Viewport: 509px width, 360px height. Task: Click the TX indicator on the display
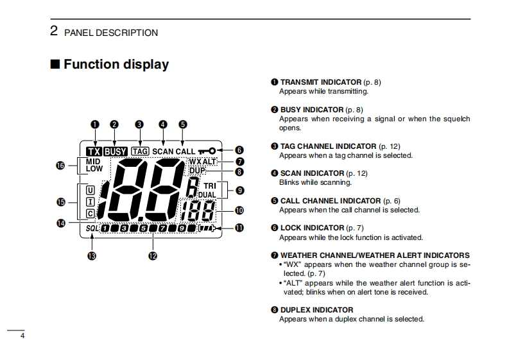coord(94,151)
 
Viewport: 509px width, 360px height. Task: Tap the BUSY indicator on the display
coord(116,151)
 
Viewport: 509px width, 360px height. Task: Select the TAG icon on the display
coord(139,151)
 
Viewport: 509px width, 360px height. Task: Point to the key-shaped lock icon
coord(207,151)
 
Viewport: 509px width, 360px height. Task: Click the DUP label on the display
coord(196,171)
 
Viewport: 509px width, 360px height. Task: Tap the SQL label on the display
coord(91,228)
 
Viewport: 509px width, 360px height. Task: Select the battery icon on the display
coord(207,228)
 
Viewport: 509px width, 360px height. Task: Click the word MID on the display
coord(93,162)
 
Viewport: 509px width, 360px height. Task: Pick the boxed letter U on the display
coord(90,190)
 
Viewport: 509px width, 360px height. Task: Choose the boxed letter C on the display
coord(90,213)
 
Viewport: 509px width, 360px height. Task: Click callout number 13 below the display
coord(92,256)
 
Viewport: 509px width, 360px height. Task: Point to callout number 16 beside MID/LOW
coord(61,166)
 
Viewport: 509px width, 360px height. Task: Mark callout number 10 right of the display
coord(239,210)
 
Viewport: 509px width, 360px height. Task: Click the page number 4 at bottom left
coord(22,336)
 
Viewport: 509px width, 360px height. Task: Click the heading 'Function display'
coord(116,64)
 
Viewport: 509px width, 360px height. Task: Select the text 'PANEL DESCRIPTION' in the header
coord(110,33)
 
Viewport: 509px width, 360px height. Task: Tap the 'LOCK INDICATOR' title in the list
coord(312,228)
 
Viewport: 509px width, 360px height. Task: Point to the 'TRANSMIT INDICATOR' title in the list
coord(321,82)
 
